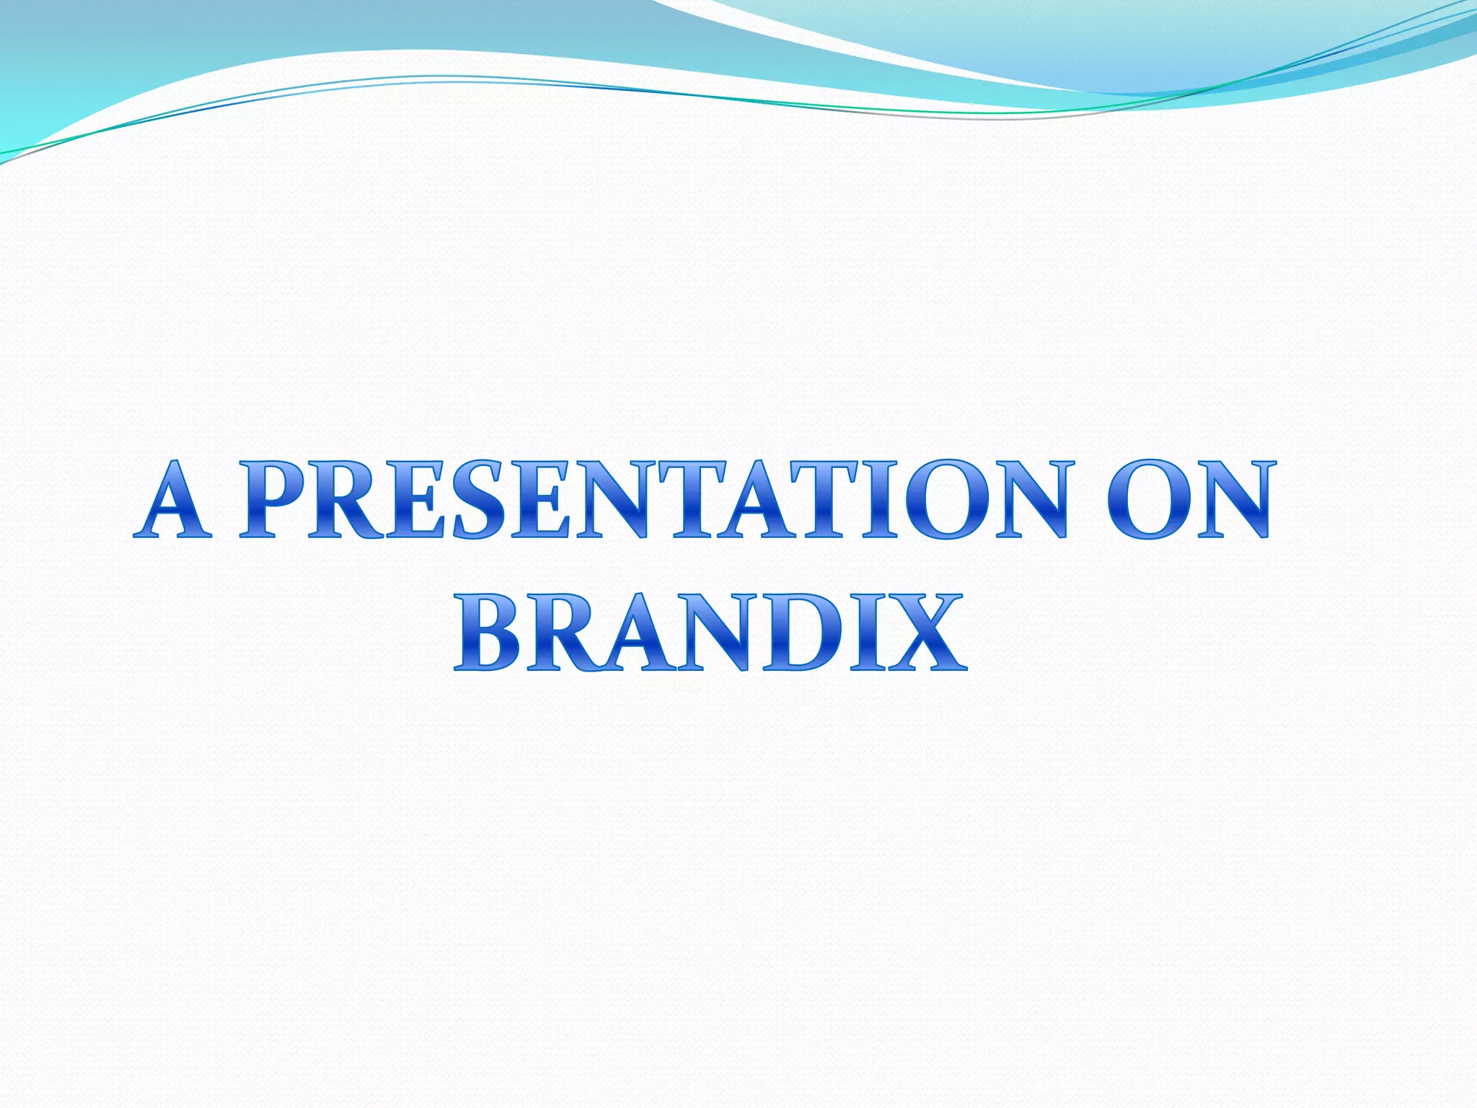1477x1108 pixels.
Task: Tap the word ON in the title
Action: (1189, 499)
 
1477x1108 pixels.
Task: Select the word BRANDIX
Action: (710, 633)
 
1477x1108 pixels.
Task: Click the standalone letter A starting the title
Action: (173, 499)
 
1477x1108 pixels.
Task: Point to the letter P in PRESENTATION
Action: (270, 499)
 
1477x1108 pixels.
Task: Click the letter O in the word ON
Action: (1147, 499)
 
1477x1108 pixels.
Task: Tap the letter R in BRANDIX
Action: (559, 633)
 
